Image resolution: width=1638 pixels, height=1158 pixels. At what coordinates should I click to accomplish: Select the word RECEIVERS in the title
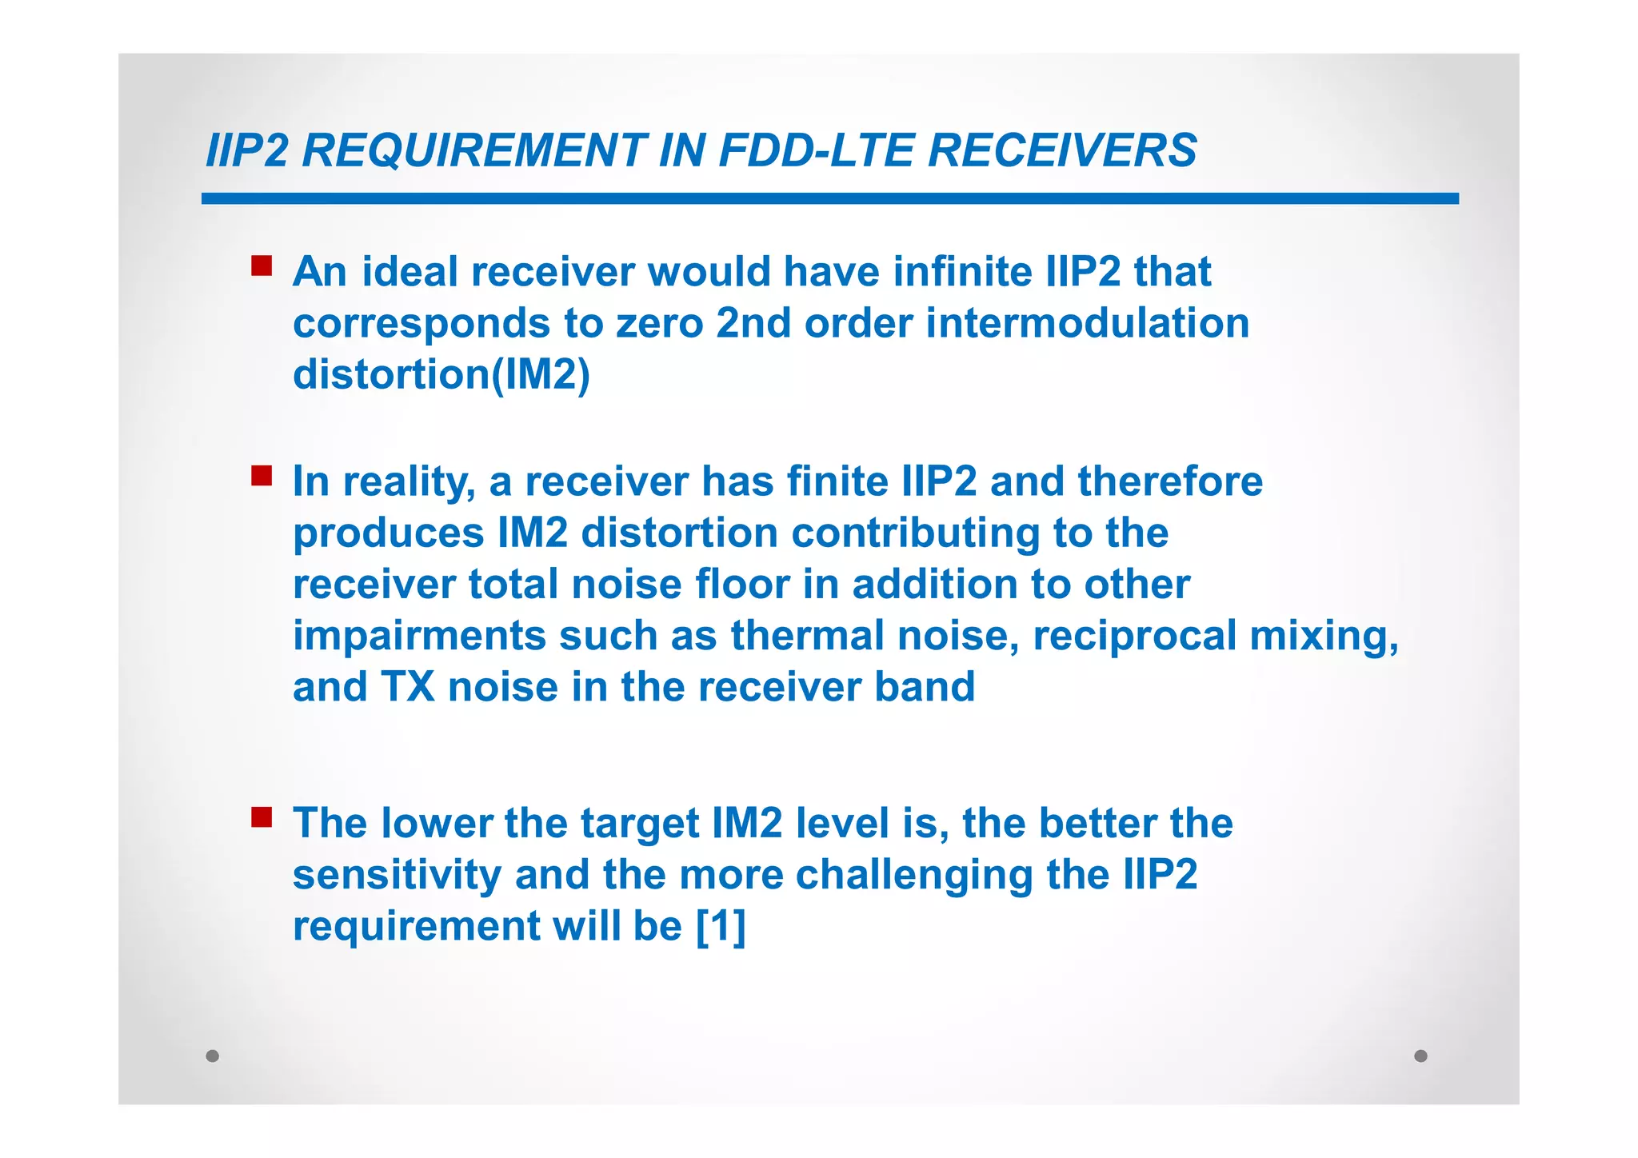(1062, 150)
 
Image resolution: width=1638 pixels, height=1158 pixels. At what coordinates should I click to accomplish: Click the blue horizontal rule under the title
(829, 198)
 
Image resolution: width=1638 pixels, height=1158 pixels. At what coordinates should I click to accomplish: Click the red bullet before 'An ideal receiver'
(262, 266)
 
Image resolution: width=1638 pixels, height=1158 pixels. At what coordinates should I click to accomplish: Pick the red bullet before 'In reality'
(262, 476)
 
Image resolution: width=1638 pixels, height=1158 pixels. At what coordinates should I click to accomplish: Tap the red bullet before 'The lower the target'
(262, 817)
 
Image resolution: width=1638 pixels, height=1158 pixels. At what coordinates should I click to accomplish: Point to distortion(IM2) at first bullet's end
(441, 374)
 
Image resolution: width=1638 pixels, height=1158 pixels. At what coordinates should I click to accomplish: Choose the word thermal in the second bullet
(808, 636)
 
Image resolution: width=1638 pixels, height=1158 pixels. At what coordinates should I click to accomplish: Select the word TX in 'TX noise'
(407, 687)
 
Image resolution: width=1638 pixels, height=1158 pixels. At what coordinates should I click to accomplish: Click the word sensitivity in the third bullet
(398, 875)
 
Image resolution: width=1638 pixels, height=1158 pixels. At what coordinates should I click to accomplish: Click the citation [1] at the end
(721, 926)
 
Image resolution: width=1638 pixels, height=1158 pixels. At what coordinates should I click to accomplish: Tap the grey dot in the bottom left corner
(212, 1056)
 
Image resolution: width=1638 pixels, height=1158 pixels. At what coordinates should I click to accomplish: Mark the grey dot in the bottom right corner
(1420, 1056)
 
